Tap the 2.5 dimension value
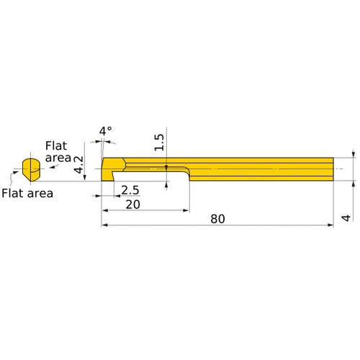tap(130, 190)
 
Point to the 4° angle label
tap(106, 131)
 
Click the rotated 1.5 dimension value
tap(160, 142)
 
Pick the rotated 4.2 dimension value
tap(79, 166)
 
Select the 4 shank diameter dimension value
tap(346, 217)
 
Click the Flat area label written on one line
tap(28, 192)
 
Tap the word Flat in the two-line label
tap(57, 145)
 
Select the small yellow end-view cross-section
tap(30, 169)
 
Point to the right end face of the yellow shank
tap(333, 169)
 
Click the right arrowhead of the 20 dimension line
tap(186, 211)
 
